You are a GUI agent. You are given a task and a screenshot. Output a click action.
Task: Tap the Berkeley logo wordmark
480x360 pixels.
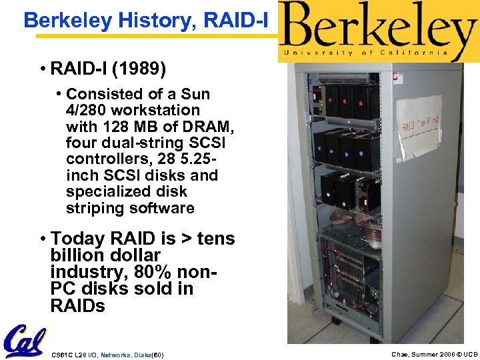377,26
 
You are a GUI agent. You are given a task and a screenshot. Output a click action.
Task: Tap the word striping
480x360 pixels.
94,208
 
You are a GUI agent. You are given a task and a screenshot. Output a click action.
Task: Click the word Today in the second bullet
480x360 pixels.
77,238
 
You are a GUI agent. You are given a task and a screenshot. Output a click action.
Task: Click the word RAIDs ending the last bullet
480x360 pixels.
77,305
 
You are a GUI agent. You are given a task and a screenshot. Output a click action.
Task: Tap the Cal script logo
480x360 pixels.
25,341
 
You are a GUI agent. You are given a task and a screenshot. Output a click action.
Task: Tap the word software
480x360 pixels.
163,208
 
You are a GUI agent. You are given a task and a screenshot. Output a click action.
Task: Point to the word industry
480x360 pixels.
83,272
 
